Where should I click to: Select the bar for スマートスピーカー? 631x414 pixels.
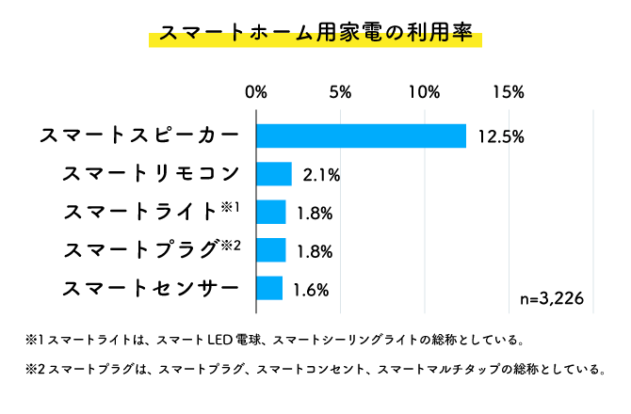(x=362, y=135)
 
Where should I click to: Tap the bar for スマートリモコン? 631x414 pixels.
(x=274, y=174)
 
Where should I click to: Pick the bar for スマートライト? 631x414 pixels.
(x=271, y=212)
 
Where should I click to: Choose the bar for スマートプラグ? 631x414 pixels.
(x=271, y=249)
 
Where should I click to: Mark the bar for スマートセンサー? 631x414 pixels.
(x=269, y=288)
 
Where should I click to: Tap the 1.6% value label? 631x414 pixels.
(x=311, y=289)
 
